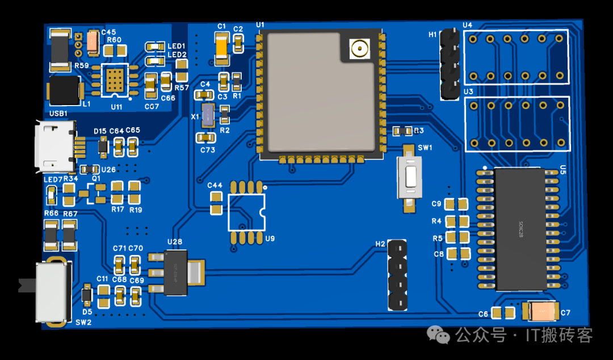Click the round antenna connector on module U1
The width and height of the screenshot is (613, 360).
pos(359,49)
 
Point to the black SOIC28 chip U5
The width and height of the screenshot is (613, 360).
pos(519,229)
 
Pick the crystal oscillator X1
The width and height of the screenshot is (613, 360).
pos(207,115)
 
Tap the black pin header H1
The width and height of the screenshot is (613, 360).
pos(450,64)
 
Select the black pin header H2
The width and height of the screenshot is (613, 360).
pos(398,275)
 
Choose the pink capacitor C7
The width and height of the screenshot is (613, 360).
pos(544,311)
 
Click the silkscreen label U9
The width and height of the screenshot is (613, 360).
pos(270,239)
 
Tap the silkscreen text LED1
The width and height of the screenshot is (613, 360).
pos(177,46)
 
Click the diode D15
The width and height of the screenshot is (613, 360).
pos(103,146)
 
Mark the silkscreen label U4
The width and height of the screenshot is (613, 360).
pos(468,25)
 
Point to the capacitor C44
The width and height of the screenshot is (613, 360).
pos(216,203)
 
